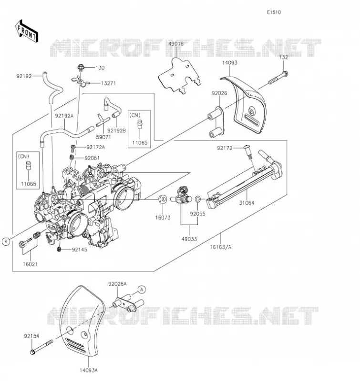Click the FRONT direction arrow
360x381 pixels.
pos(27,31)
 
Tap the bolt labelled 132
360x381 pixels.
pos(278,78)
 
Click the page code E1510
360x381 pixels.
pos(274,12)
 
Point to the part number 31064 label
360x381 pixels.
pos(247,203)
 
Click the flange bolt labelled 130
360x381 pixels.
pos(81,67)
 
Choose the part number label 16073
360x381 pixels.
pos(163,218)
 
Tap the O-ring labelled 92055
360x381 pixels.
pos(198,199)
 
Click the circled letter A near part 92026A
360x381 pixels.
pos(142,290)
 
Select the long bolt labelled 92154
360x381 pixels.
pos(41,347)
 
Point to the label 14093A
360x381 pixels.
pos(89,371)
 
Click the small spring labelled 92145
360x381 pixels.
pos(59,249)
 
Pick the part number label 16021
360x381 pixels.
pos(30,264)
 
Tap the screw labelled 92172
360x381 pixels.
pos(248,151)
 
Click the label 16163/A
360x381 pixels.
pos(221,247)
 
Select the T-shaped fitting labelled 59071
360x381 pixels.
pos(102,120)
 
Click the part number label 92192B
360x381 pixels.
pos(116,130)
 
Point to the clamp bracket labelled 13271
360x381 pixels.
pos(81,81)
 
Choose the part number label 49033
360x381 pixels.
pos(189,239)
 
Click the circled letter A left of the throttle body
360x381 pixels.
pos(6,241)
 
